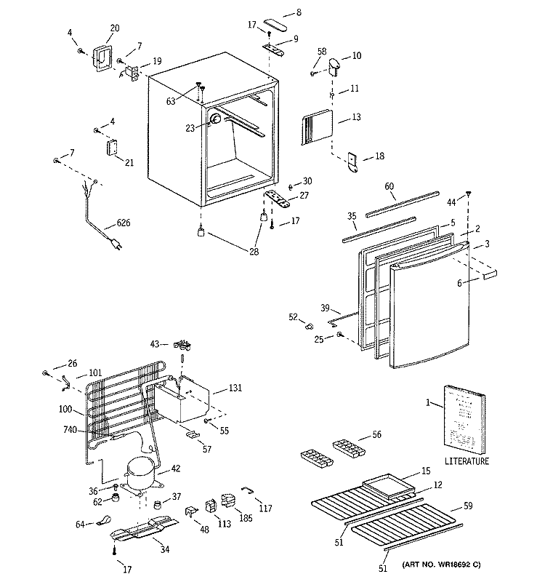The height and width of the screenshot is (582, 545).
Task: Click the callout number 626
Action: point(124,223)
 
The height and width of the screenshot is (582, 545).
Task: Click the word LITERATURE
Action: point(467,461)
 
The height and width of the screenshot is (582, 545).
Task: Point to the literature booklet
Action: point(464,420)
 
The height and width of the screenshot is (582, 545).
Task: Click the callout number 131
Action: point(235,388)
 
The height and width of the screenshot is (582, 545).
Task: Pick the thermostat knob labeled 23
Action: point(215,119)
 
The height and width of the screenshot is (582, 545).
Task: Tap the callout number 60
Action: point(389,186)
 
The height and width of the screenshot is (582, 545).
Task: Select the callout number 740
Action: point(70,430)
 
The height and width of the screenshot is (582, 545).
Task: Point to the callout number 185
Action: point(246,517)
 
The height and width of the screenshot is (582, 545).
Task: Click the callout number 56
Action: point(376,434)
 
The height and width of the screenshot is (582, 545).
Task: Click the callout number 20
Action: point(115,28)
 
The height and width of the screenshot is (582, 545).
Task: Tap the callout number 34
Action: point(165,549)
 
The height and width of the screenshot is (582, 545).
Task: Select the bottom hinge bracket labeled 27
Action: point(278,199)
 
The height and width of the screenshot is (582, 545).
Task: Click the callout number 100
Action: point(65,409)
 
